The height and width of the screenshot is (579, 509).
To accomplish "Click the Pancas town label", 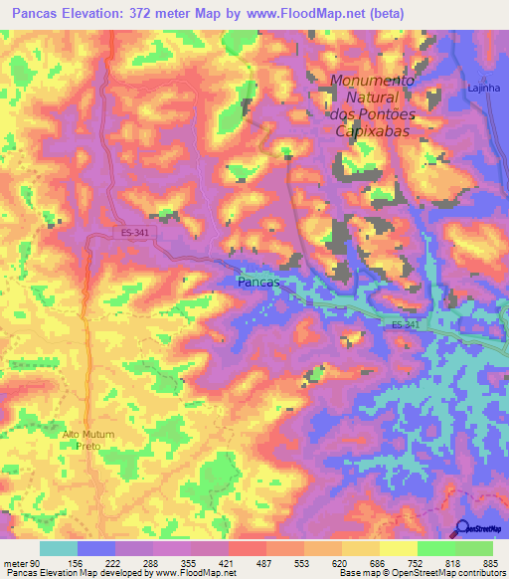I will [259, 283].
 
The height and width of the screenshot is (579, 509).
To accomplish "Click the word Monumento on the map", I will [372, 81].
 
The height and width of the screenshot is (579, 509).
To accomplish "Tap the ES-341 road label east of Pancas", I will [403, 325].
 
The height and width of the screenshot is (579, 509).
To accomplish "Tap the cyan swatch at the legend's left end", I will [58, 548].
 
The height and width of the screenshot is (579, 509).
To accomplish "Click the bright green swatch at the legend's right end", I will [473, 548].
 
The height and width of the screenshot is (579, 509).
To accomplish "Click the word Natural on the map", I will [369, 97].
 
